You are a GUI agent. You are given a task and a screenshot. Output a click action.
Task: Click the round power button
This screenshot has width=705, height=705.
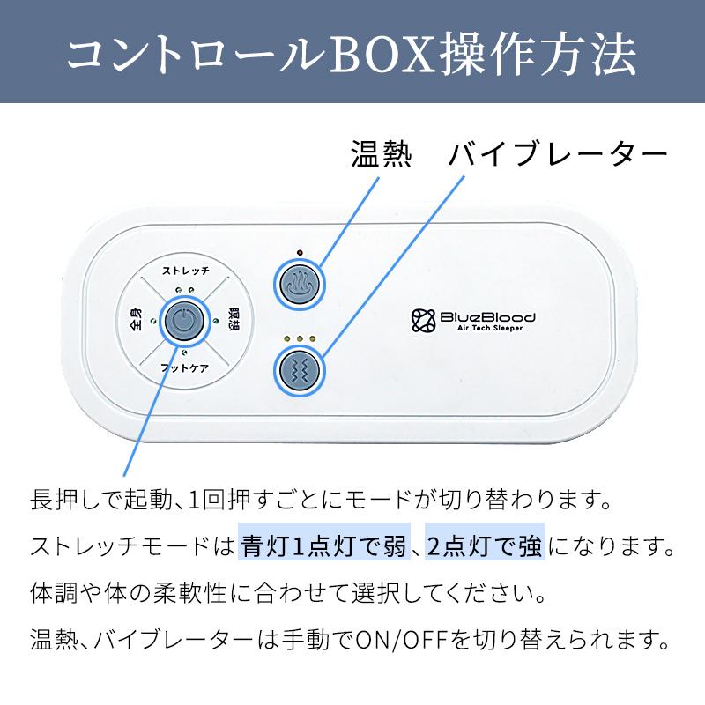tap(184, 321)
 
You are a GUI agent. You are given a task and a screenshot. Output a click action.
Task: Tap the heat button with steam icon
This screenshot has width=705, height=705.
tap(300, 285)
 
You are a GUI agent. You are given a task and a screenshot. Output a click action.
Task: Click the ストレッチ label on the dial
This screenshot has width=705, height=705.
tap(186, 271)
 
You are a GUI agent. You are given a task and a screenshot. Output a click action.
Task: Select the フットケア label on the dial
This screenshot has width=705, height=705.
tap(185, 368)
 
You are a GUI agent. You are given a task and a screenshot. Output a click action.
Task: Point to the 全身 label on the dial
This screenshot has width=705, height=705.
tap(136, 319)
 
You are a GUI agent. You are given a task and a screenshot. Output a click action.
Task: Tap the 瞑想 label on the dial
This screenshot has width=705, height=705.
tap(234, 319)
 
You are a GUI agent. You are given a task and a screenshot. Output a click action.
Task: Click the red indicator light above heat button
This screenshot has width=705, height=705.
tap(300, 252)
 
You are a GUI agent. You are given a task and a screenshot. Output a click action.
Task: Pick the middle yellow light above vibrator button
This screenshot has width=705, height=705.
tap(300, 338)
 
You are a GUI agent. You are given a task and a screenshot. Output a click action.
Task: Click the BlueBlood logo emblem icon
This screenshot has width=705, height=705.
tap(424, 321)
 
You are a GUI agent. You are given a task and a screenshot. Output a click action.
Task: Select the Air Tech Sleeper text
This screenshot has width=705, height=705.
tap(490, 328)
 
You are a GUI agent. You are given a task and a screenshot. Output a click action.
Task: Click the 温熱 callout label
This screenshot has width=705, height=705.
tap(381, 153)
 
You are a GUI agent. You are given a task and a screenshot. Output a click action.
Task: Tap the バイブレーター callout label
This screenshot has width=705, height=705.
tap(558, 153)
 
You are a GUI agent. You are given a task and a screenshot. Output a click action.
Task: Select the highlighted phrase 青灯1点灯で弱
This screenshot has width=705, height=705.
tap(324, 546)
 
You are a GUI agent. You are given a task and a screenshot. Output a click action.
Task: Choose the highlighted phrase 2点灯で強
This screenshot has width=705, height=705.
tap(485, 546)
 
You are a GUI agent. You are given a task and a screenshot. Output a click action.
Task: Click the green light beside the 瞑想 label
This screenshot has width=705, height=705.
tap(215, 321)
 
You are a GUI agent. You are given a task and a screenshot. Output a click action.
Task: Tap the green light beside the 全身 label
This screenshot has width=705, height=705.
tap(153, 321)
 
